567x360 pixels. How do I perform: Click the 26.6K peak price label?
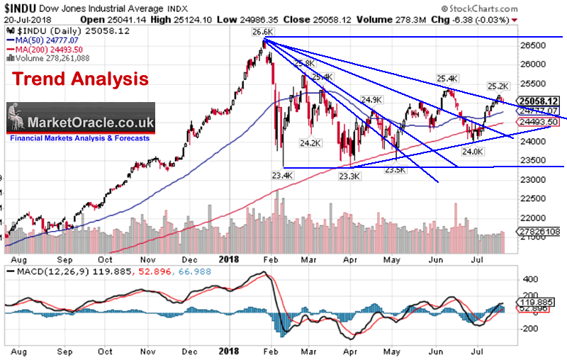[262, 32]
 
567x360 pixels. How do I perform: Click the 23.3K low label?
[349, 175]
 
